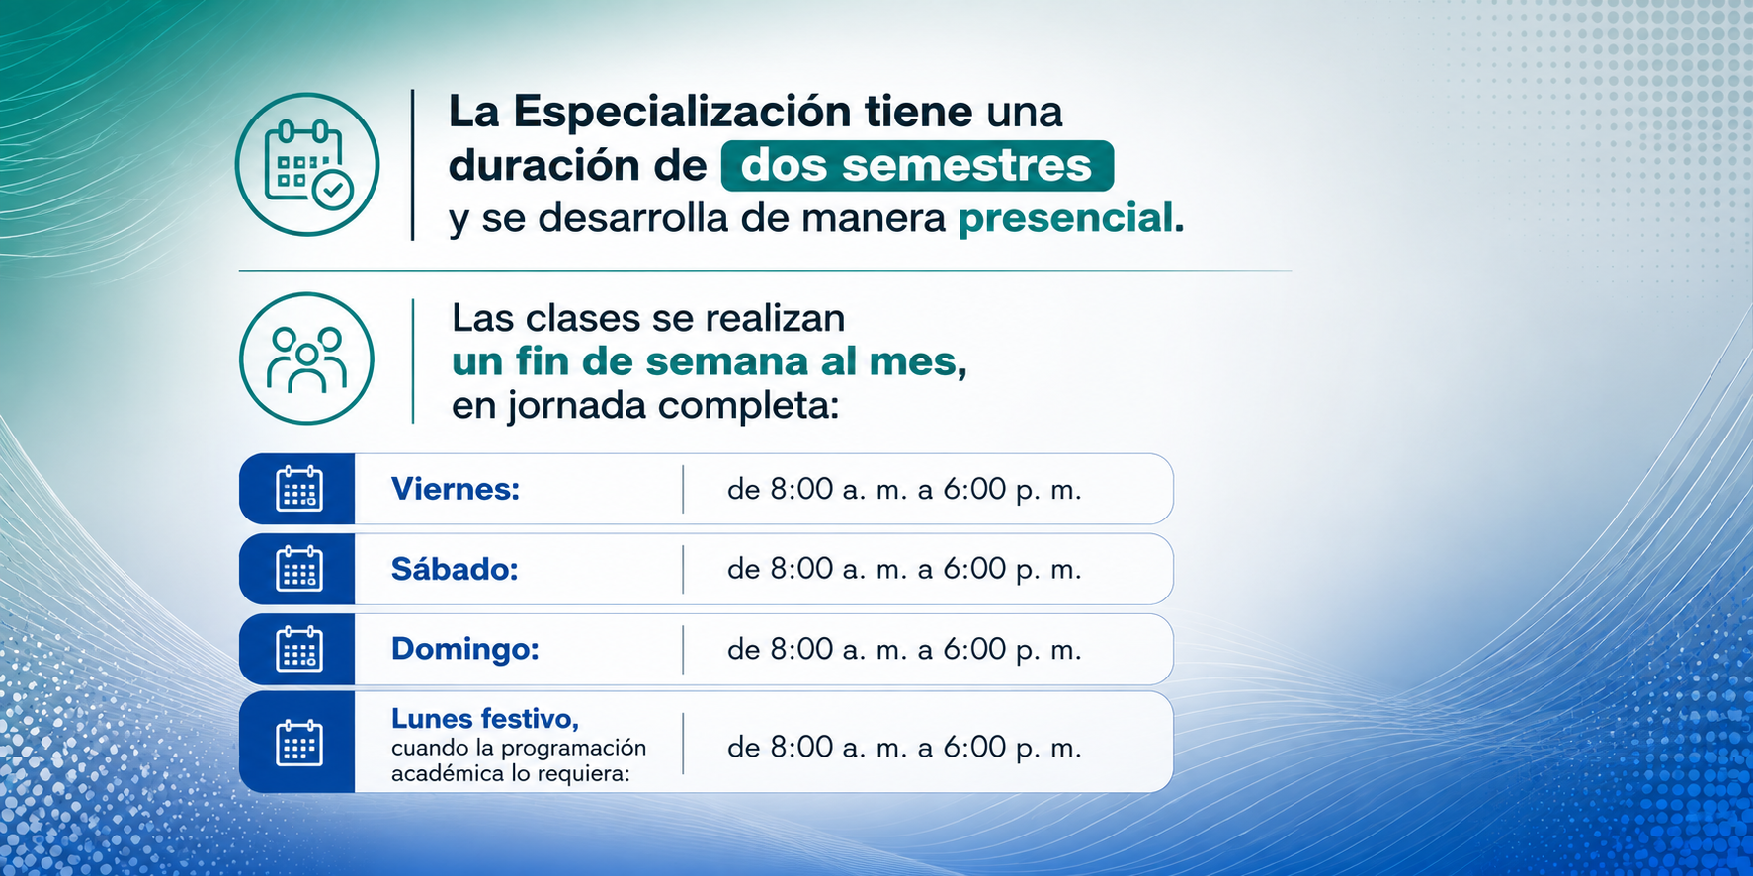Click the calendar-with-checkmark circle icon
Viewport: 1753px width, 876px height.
307,165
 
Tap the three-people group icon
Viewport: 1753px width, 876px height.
307,358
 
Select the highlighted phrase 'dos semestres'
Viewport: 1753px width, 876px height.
916,166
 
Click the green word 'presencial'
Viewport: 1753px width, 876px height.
1065,218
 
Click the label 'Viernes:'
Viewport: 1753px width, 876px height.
456,489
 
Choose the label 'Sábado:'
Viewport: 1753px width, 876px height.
455,569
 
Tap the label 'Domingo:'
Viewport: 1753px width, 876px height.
465,649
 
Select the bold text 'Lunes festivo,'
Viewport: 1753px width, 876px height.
485,718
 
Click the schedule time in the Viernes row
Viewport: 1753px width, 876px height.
904,489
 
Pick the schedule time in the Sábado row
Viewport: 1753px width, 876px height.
904,569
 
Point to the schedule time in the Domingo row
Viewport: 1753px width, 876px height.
904,649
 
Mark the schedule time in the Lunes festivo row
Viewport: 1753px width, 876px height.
904,747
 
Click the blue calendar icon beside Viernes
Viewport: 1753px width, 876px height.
299,489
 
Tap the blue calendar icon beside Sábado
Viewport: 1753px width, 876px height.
299,569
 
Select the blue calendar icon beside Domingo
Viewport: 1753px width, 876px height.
299,649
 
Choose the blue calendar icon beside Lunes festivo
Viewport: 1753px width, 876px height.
299,743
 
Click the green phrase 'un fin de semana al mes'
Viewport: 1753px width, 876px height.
705,361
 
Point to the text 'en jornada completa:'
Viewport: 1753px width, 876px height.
645,406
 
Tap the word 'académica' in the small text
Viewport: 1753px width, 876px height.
448,773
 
